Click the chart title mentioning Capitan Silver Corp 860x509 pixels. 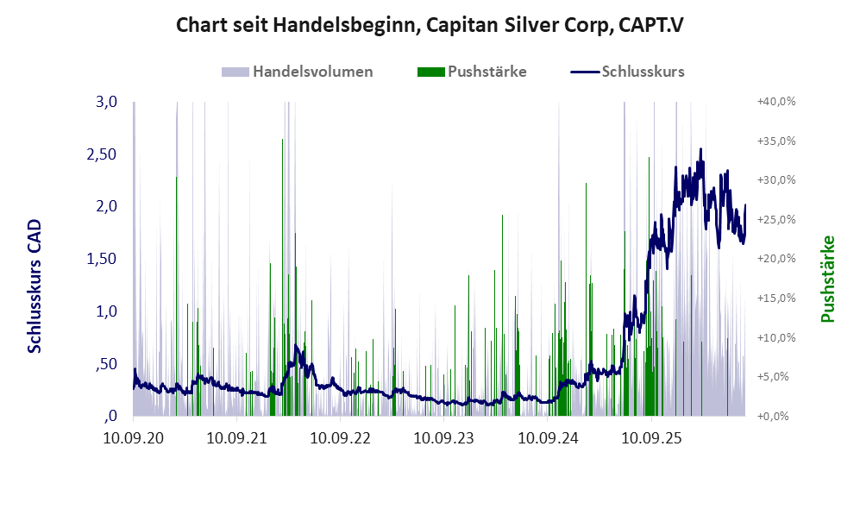click(x=430, y=25)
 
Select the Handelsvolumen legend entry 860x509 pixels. click(x=298, y=72)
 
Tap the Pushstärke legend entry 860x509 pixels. click(x=472, y=72)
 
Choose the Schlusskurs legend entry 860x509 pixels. click(x=627, y=72)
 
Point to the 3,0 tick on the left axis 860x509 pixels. click(x=106, y=102)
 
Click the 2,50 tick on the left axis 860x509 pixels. click(x=102, y=154)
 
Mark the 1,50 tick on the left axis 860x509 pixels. click(x=102, y=259)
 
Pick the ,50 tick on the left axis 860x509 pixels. click(x=106, y=364)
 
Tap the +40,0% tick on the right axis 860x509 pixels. click(x=776, y=102)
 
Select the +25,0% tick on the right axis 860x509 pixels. click(x=776, y=219)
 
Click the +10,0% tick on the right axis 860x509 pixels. click(x=776, y=337)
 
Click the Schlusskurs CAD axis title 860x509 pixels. click(x=35, y=286)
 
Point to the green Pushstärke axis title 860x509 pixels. click(x=827, y=279)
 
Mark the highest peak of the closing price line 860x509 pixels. click(x=700, y=148)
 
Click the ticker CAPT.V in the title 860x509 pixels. click(x=651, y=25)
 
